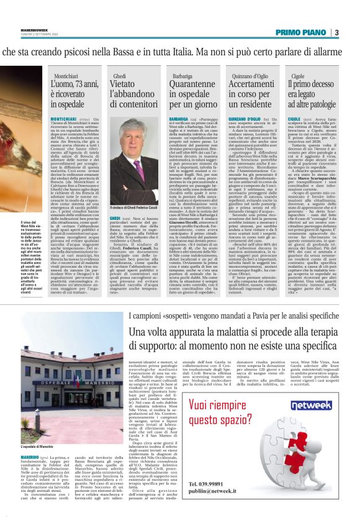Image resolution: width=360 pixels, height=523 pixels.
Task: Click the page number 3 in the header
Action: pyautogui.click(x=336, y=32)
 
